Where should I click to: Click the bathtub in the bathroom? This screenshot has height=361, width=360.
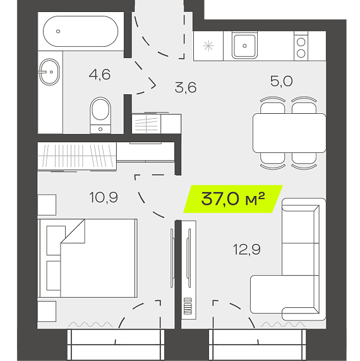(x=80, y=31)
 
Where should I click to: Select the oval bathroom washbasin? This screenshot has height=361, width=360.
(x=49, y=72)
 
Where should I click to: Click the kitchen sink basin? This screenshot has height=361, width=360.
(x=244, y=46)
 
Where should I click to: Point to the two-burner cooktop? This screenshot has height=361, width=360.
(x=301, y=48)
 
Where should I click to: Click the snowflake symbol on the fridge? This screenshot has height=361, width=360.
(x=208, y=46)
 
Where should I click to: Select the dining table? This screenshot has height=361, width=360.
(x=289, y=133)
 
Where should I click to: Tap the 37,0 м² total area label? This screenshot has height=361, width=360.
(x=233, y=199)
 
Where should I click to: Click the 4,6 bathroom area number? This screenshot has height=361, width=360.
(x=100, y=75)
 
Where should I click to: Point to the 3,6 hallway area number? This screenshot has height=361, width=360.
(x=186, y=87)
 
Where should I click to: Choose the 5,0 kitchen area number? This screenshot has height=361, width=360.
(x=282, y=81)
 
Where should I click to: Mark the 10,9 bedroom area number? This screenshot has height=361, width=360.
(x=104, y=197)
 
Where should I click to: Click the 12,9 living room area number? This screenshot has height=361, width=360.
(x=247, y=249)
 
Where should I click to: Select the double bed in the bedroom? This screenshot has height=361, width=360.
(x=87, y=258)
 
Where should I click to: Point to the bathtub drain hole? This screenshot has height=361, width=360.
(x=58, y=32)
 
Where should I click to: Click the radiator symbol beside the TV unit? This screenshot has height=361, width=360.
(x=188, y=306)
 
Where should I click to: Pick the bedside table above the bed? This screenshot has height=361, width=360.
(x=47, y=205)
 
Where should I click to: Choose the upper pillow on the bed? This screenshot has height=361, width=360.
(x=56, y=240)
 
